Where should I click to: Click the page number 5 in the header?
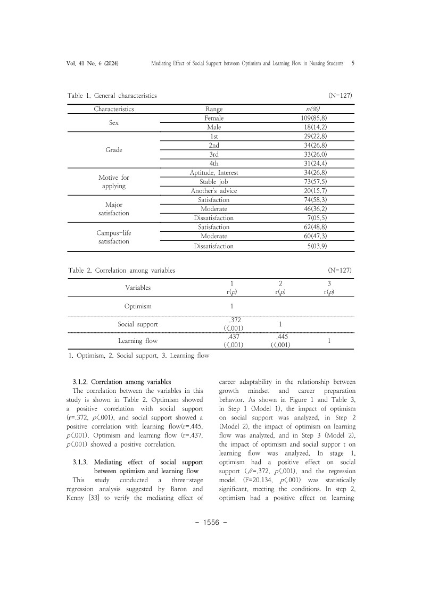pyautogui.click(x=353, y=63)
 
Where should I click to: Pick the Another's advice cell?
pyautogui.click(x=213, y=191)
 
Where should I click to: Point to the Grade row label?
pyautogui.click(x=114, y=150)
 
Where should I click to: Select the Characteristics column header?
pyautogui.click(x=114, y=109)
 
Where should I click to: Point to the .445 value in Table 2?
pyautogui.click(x=280, y=337)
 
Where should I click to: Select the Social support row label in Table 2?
pyautogui.click(x=138, y=324)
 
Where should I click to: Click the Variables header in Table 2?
pyautogui.click(x=138, y=288)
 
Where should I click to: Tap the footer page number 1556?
pyautogui.click(x=211, y=523)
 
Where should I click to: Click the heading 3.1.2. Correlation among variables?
pyautogui.click(x=121, y=382)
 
